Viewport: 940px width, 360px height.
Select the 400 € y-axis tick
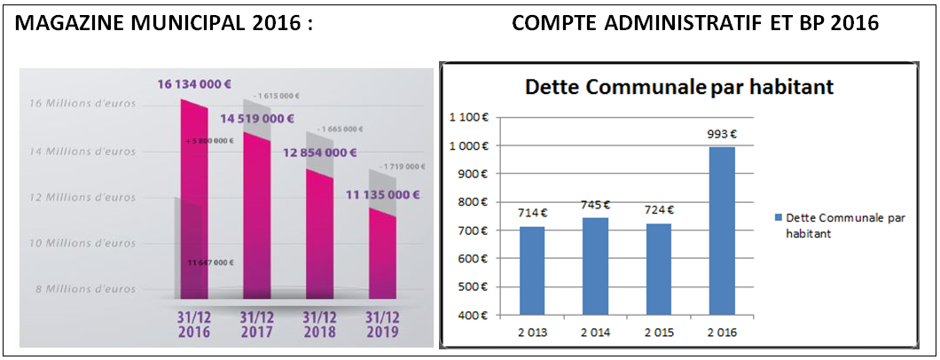[x=476, y=315]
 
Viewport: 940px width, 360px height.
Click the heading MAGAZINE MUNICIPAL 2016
[x=165, y=24]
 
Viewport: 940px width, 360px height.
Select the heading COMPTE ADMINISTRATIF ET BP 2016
[x=695, y=24]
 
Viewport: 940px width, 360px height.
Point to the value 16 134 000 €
[x=195, y=85]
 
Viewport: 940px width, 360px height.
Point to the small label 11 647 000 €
[x=210, y=262]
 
